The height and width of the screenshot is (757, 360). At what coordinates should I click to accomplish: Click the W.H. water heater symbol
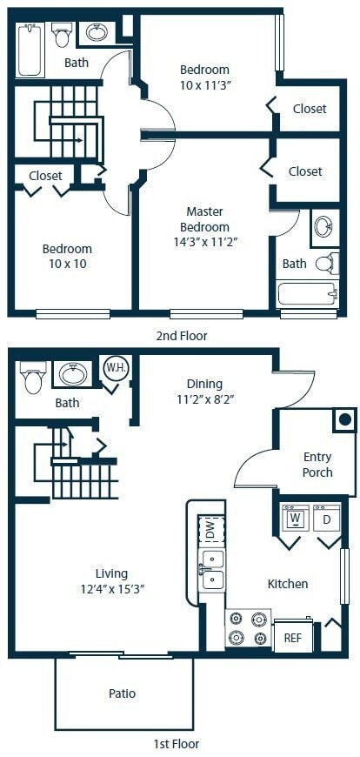pyautogui.click(x=115, y=366)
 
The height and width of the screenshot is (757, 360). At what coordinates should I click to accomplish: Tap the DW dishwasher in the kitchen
pyautogui.click(x=210, y=528)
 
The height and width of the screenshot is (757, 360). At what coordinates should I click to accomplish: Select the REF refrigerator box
pyautogui.click(x=293, y=637)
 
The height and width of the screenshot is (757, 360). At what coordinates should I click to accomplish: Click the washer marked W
pyautogui.click(x=295, y=519)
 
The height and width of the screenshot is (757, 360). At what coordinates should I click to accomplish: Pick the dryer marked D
pyautogui.click(x=328, y=519)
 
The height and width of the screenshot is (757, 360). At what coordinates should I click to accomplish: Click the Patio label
pyautogui.click(x=122, y=693)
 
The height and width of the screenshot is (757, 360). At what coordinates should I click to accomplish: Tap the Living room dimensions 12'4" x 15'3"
pyautogui.click(x=112, y=589)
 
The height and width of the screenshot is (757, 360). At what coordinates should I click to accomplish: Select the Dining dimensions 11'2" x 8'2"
pyautogui.click(x=204, y=399)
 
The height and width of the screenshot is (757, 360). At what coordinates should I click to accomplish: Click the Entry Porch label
pyautogui.click(x=317, y=465)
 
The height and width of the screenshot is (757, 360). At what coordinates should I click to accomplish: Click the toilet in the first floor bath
pyautogui.click(x=34, y=377)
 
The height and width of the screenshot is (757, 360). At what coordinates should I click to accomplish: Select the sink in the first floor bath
pyautogui.click(x=72, y=374)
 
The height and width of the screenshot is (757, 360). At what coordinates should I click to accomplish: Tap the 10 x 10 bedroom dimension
pyautogui.click(x=67, y=264)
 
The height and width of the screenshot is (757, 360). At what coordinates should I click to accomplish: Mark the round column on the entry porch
pyautogui.click(x=344, y=420)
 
